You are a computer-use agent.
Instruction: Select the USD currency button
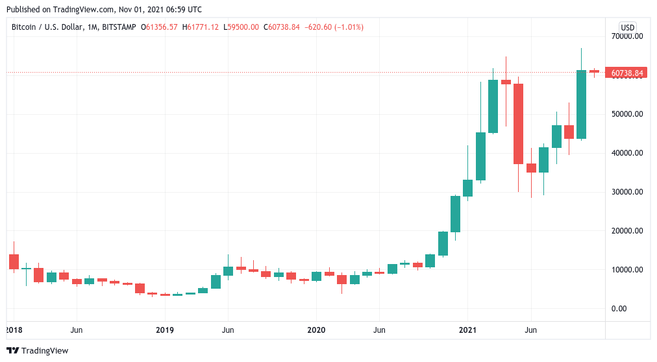627,27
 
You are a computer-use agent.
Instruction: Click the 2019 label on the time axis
165,330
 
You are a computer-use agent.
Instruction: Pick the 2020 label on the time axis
316,330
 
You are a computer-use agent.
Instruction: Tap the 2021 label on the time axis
468,330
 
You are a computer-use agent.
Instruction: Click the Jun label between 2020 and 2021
379,330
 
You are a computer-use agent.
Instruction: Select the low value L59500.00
242,27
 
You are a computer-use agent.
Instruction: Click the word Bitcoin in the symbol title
25,27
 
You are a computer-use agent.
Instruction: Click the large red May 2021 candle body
518,123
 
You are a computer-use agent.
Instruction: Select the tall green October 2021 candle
581,104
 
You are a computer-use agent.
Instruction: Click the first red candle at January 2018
14,261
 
